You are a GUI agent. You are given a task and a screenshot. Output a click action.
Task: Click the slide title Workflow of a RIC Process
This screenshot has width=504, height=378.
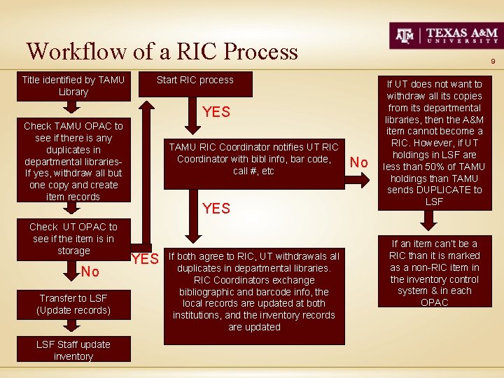pyautogui.click(x=162, y=51)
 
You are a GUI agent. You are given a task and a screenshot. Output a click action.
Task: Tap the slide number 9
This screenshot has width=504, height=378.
pyautogui.click(x=493, y=62)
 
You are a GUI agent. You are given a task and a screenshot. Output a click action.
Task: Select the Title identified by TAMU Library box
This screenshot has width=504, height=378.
pyautogui.click(x=73, y=86)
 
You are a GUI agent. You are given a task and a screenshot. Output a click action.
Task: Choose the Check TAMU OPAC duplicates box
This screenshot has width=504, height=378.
pyautogui.click(x=73, y=161)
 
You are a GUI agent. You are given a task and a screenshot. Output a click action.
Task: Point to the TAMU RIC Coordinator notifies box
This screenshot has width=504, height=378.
pyautogui.click(x=253, y=159)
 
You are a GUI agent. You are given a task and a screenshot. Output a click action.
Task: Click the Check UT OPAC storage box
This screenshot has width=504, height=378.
pyautogui.click(x=73, y=239)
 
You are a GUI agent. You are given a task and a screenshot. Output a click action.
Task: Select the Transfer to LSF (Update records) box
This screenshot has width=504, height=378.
pyautogui.click(x=73, y=304)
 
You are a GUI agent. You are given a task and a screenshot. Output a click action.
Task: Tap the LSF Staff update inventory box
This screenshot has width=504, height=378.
pyautogui.click(x=73, y=351)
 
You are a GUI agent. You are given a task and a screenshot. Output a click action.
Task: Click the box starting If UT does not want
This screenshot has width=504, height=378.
pyautogui.click(x=434, y=143)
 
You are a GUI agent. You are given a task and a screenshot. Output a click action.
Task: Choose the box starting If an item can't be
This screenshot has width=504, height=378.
pyautogui.click(x=434, y=273)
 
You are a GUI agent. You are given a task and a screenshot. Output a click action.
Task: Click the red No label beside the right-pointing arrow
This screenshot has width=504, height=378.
pyautogui.click(x=359, y=162)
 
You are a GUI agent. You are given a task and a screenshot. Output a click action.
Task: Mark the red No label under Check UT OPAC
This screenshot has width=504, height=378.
pyautogui.click(x=90, y=272)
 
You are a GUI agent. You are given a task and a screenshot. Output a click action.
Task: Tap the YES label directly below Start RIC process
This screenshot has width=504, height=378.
pyautogui.click(x=216, y=112)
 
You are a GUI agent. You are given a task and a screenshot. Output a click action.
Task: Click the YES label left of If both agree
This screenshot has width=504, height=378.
pyautogui.click(x=145, y=259)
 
